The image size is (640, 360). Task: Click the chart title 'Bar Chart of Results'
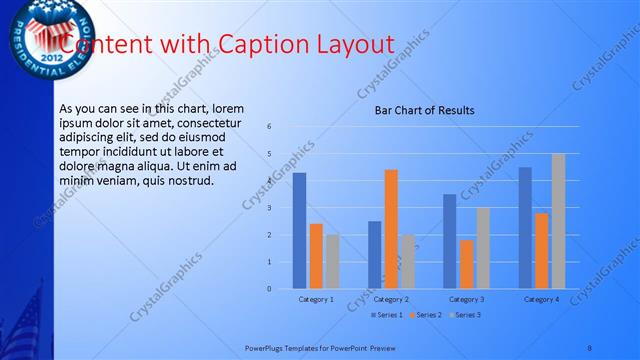click(x=424, y=110)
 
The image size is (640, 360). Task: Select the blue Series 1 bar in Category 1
click(x=299, y=231)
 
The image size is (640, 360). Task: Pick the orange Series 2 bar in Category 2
click(x=391, y=229)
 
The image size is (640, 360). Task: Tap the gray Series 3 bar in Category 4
click(x=558, y=221)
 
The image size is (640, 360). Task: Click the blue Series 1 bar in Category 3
click(x=449, y=241)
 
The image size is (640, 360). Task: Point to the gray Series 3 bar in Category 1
click(x=332, y=261)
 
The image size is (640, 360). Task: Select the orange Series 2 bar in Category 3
click(x=466, y=264)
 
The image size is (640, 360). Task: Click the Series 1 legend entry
click(x=385, y=315)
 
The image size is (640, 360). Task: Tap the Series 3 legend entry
click(x=465, y=315)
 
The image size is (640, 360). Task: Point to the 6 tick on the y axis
click(x=269, y=127)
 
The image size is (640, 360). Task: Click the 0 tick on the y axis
click(x=269, y=289)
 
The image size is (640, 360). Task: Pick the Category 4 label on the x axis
click(x=541, y=299)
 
